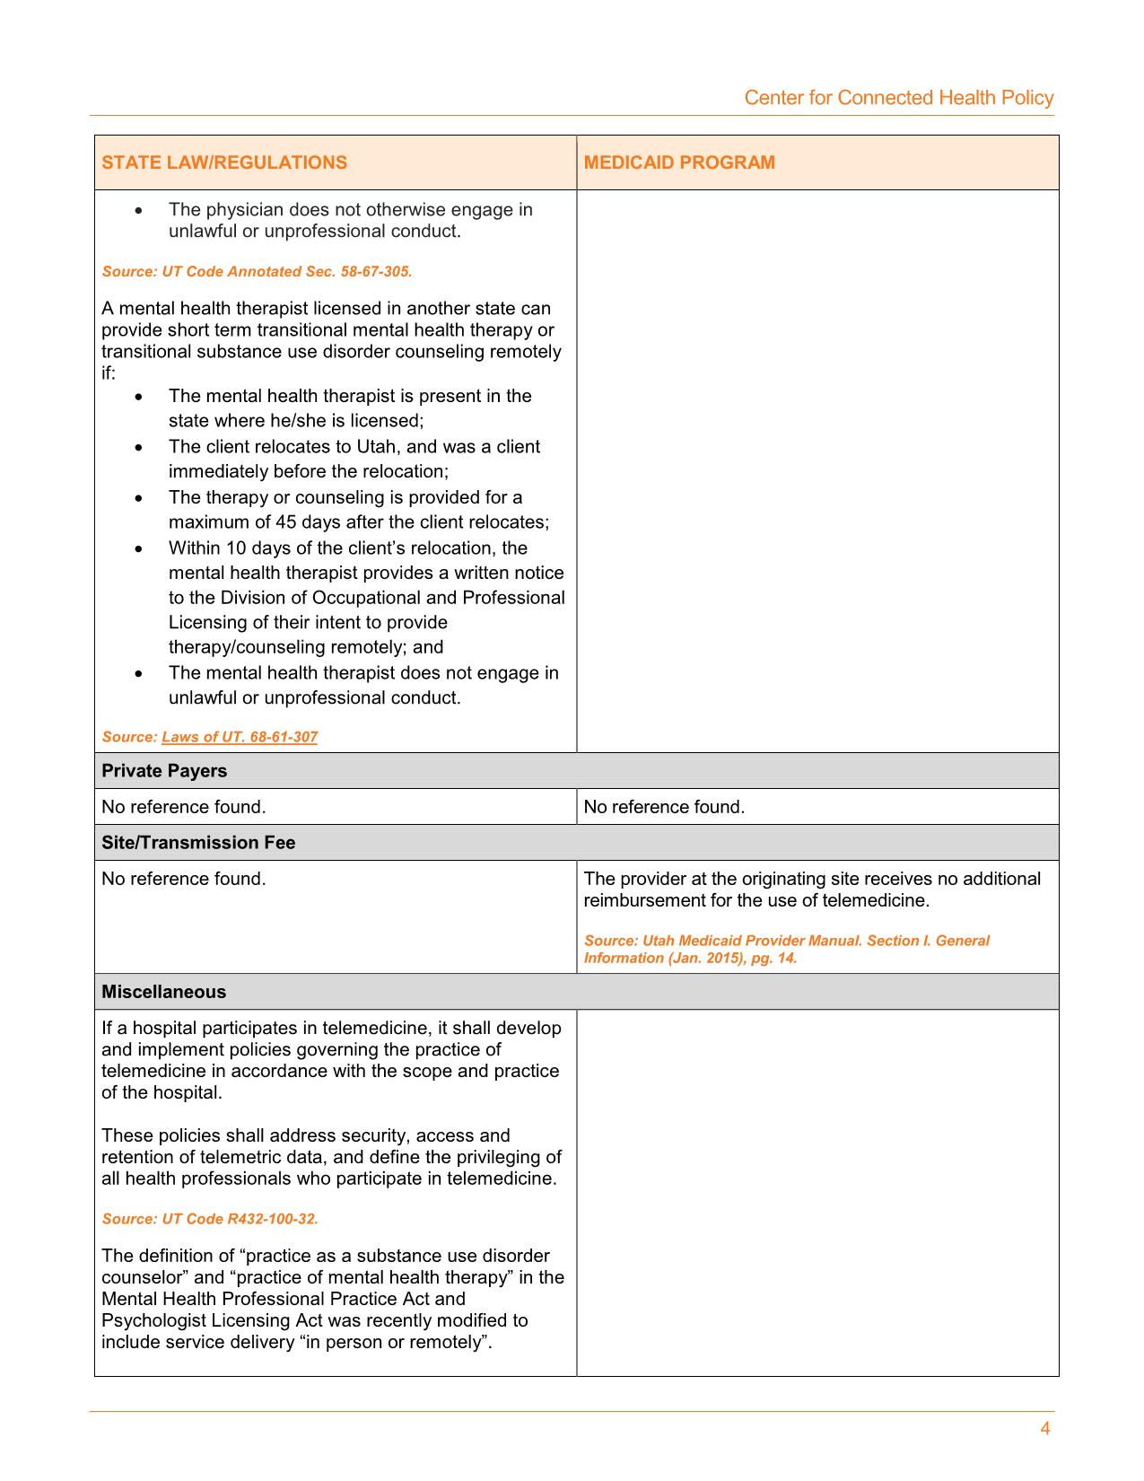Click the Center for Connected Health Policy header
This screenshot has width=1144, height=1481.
pyautogui.click(x=898, y=98)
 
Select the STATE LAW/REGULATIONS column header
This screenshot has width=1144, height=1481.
pyautogui.click(x=224, y=162)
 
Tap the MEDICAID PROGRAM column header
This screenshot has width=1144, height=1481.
pyautogui.click(x=679, y=162)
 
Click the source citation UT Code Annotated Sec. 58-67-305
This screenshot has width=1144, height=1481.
pyautogui.click(x=257, y=271)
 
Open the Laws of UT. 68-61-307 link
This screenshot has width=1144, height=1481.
pyautogui.click(x=240, y=737)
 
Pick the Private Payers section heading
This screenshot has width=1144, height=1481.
pyautogui.click(x=164, y=771)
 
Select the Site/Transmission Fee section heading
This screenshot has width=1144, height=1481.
pyautogui.click(x=198, y=843)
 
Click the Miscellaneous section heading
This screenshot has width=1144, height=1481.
pyautogui.click(x=163, y=992)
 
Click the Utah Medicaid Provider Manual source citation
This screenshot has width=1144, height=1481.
pyautogui.click(x=786, y=949)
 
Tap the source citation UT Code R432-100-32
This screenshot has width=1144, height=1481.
pyautogui.click(x=210, y=1219)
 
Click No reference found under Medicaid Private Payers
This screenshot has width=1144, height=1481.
pyautogui.click(x=664, y=807)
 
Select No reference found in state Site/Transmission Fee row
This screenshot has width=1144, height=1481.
pyautogui.click(x=183, y=879)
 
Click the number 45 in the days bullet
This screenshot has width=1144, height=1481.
pyautogui.click(x=287, y=522)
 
